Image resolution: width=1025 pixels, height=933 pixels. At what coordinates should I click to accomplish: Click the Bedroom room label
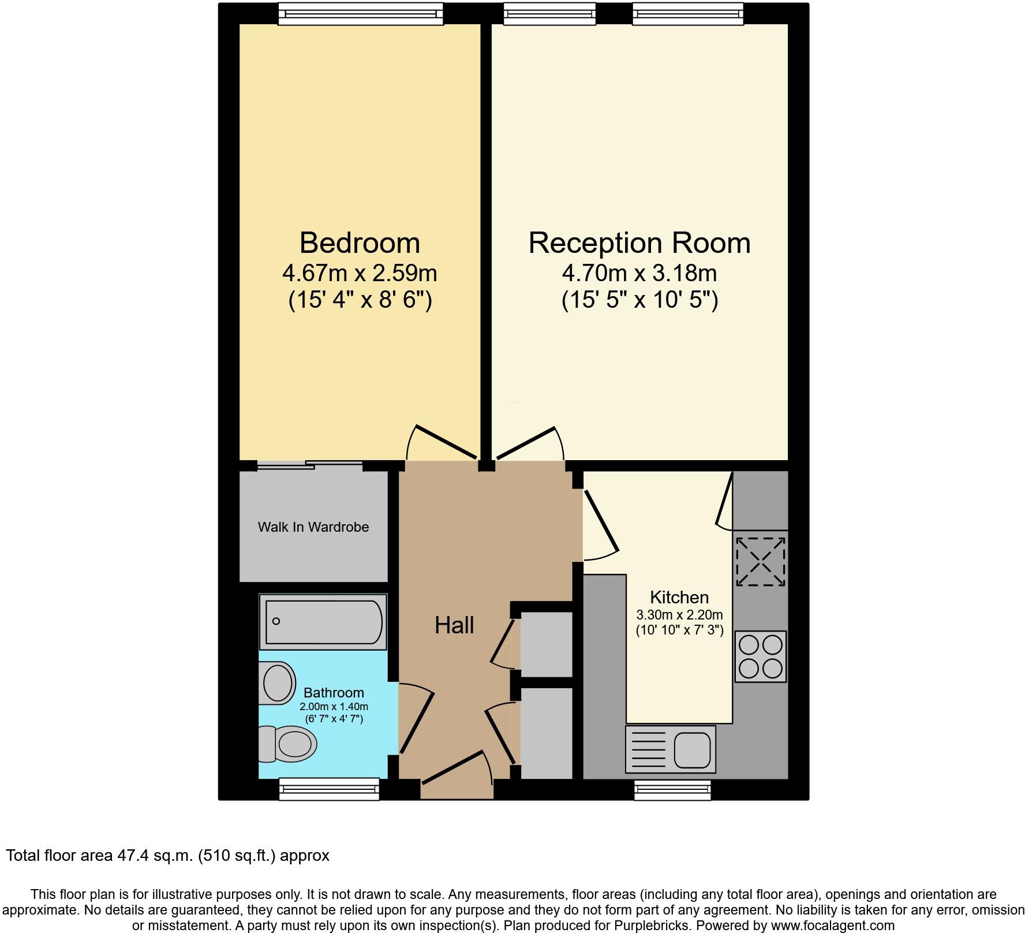(x=359, y=242)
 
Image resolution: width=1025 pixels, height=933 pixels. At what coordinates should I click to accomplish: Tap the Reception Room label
(x=639, y=242)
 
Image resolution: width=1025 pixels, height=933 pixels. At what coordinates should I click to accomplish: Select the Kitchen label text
(x=679, y=597)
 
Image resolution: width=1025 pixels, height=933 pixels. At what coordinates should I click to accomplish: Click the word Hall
(x=454, y=625)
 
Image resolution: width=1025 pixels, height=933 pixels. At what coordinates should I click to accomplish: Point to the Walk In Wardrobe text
(x=313, y=527)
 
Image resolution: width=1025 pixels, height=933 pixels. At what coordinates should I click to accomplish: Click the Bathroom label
(x=334, y=693)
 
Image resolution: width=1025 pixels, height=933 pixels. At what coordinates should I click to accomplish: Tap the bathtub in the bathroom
(x=323, y=622)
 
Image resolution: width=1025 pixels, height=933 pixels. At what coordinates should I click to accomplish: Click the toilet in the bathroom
(x=291, y=745)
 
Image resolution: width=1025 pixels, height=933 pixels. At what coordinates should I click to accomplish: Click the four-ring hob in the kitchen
(x=761, y=656)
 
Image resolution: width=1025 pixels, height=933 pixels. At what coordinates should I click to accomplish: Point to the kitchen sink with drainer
(x=671, y=749)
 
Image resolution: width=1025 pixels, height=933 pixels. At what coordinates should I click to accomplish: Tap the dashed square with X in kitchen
(x=761, y=561)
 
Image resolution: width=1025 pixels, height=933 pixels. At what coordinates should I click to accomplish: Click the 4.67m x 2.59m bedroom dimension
(x=359, y=273)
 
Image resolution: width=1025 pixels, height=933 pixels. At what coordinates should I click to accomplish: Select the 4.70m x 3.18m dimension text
(x=639, y=273)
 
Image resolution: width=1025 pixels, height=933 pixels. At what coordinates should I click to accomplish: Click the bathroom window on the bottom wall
(x=329, y=789)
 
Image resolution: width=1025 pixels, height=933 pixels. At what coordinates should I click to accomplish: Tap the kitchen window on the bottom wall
(x=672, y=790)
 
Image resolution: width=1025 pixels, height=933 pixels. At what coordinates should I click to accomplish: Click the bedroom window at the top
(x=361, y=13)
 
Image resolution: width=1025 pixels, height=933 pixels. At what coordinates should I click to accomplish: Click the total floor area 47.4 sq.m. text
(x=167, y=855)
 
